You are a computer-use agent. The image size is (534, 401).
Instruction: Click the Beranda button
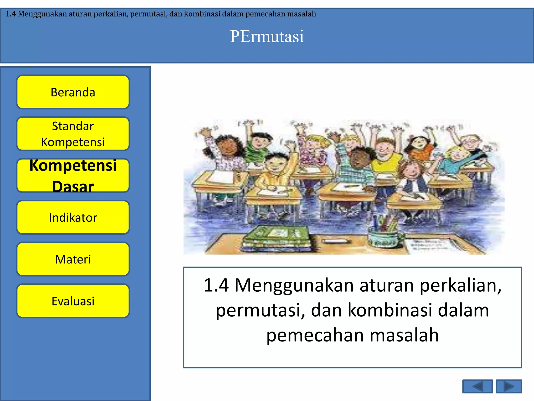point(73,92)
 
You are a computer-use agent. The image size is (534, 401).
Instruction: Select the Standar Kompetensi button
point(73,134)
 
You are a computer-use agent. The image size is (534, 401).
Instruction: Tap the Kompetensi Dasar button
point(73,175)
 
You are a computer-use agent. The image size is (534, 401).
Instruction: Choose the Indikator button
point(73,217)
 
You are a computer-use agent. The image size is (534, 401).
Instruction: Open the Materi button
point(73,259)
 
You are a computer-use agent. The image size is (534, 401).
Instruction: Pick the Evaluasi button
point(73,301)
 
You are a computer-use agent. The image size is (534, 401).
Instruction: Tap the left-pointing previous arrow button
point(477,386)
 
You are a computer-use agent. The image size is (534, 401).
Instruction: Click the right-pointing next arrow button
point(509,386)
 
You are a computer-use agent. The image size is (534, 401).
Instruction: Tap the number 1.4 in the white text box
point(216,285)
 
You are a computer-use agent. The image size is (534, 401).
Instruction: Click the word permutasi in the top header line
point(148,14)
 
